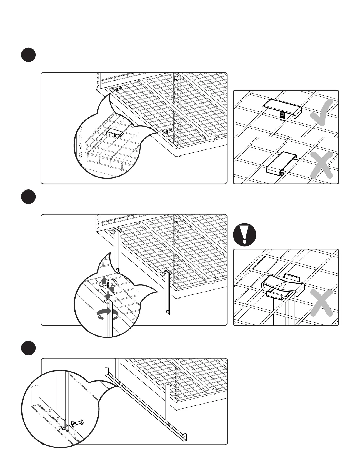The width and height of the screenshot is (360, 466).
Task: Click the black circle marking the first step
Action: click(x=28, y=55)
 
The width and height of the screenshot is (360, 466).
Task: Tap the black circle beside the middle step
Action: click(x=28, y=197)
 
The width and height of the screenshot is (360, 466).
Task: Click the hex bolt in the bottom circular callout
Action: click(x=79, y=423)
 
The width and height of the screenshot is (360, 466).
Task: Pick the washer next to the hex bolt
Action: click(x=72, y=424)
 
